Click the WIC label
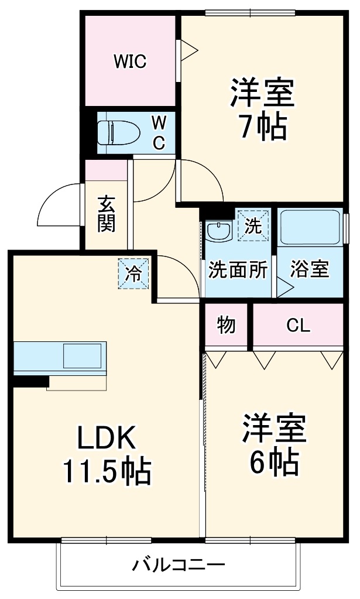(x=130, y=61)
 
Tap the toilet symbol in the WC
(x=117, y=132)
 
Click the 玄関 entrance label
(x=106, y=213)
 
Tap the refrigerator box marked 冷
(x=134, y=273)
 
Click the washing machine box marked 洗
(x=253, y=225)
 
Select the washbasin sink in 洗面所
(x=219, y=230)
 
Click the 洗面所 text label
(x=238, y=270)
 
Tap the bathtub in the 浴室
(x=310, y=228)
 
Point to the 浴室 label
(x=310, y=270)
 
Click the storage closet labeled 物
(x=227, y=325)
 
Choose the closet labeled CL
(x=297, y=326)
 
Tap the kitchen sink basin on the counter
(x=82, y=355)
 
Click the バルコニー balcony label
(x=178, y=565)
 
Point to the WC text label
(x=159, y=132)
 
